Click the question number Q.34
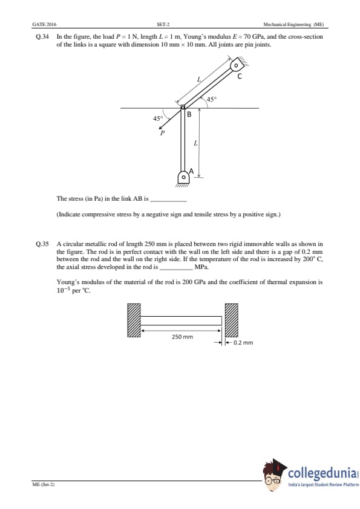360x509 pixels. point(42,37)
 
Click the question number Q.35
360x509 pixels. point(42,244)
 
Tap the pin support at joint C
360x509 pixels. point(238,63)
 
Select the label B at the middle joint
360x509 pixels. point(189,114)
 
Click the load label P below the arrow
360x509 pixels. point(162,133)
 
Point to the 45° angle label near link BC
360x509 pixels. point(211,99)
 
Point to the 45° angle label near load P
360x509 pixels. point(157,118)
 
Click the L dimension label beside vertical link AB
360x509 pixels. point(195,143)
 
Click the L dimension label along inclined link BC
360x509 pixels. point(199,79)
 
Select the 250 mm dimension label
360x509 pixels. point(182,337)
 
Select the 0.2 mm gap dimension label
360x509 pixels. point(243,343)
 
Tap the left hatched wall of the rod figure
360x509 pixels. point(134,320)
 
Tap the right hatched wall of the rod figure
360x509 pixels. point(232,320)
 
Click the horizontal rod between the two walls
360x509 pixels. point(181,321)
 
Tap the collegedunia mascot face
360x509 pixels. point(272,476)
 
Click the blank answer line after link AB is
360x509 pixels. point(169,201)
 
